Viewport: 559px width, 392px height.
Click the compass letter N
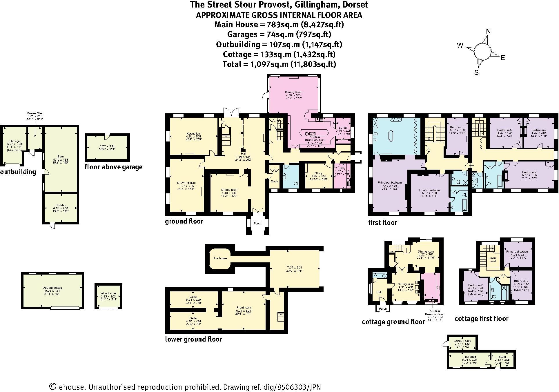pos(488,31)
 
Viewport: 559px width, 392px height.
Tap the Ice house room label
pos(221,258)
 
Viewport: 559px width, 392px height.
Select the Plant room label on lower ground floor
pos(244,307)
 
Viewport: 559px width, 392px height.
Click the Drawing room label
pos(186,183)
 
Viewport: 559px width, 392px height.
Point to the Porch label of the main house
pos(257,223)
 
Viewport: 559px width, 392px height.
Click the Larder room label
pos(343,128)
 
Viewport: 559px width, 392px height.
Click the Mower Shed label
pos(35,113)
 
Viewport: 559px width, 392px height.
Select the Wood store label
pos(108,293)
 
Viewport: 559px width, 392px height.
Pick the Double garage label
pos(52,288)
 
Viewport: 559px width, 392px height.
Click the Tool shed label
pos(469,357)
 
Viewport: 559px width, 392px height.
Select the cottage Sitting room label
pos(405,284)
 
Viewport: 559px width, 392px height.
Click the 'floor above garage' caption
pos(113,167)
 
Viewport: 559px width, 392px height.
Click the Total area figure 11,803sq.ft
pos(313,64)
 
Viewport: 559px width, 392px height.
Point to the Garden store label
pos(462,341)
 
